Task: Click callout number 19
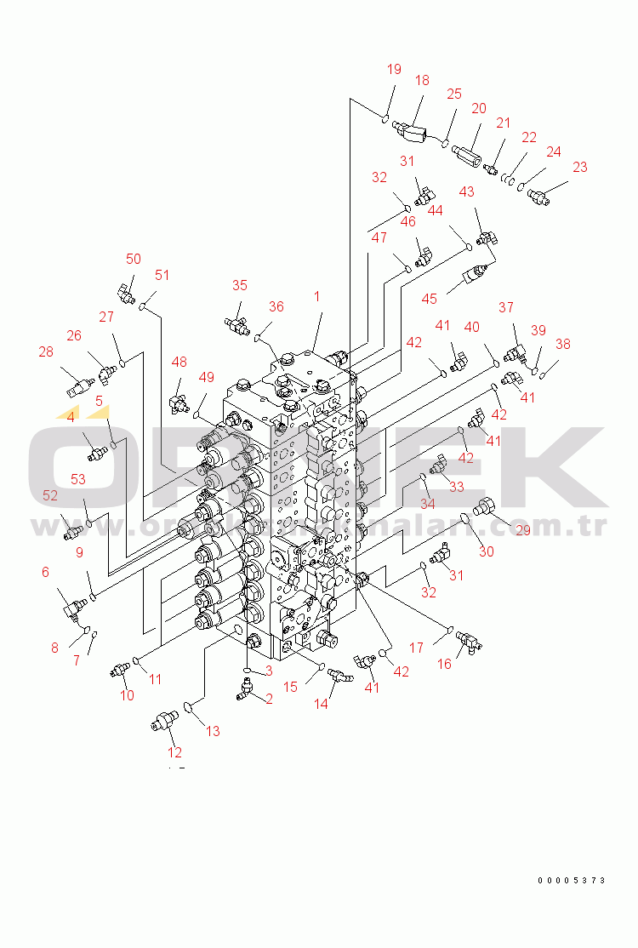(394, 70)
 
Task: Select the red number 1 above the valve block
(316, 297)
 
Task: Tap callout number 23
(579, 168)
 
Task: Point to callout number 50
(134, 259)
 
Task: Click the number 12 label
(174, 752)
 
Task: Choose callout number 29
(522, 531)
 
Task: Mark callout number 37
(506, 307)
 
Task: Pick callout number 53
(77, 480)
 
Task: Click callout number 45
(430, 299)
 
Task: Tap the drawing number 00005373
(571, 880)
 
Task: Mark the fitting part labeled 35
(236, 321)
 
